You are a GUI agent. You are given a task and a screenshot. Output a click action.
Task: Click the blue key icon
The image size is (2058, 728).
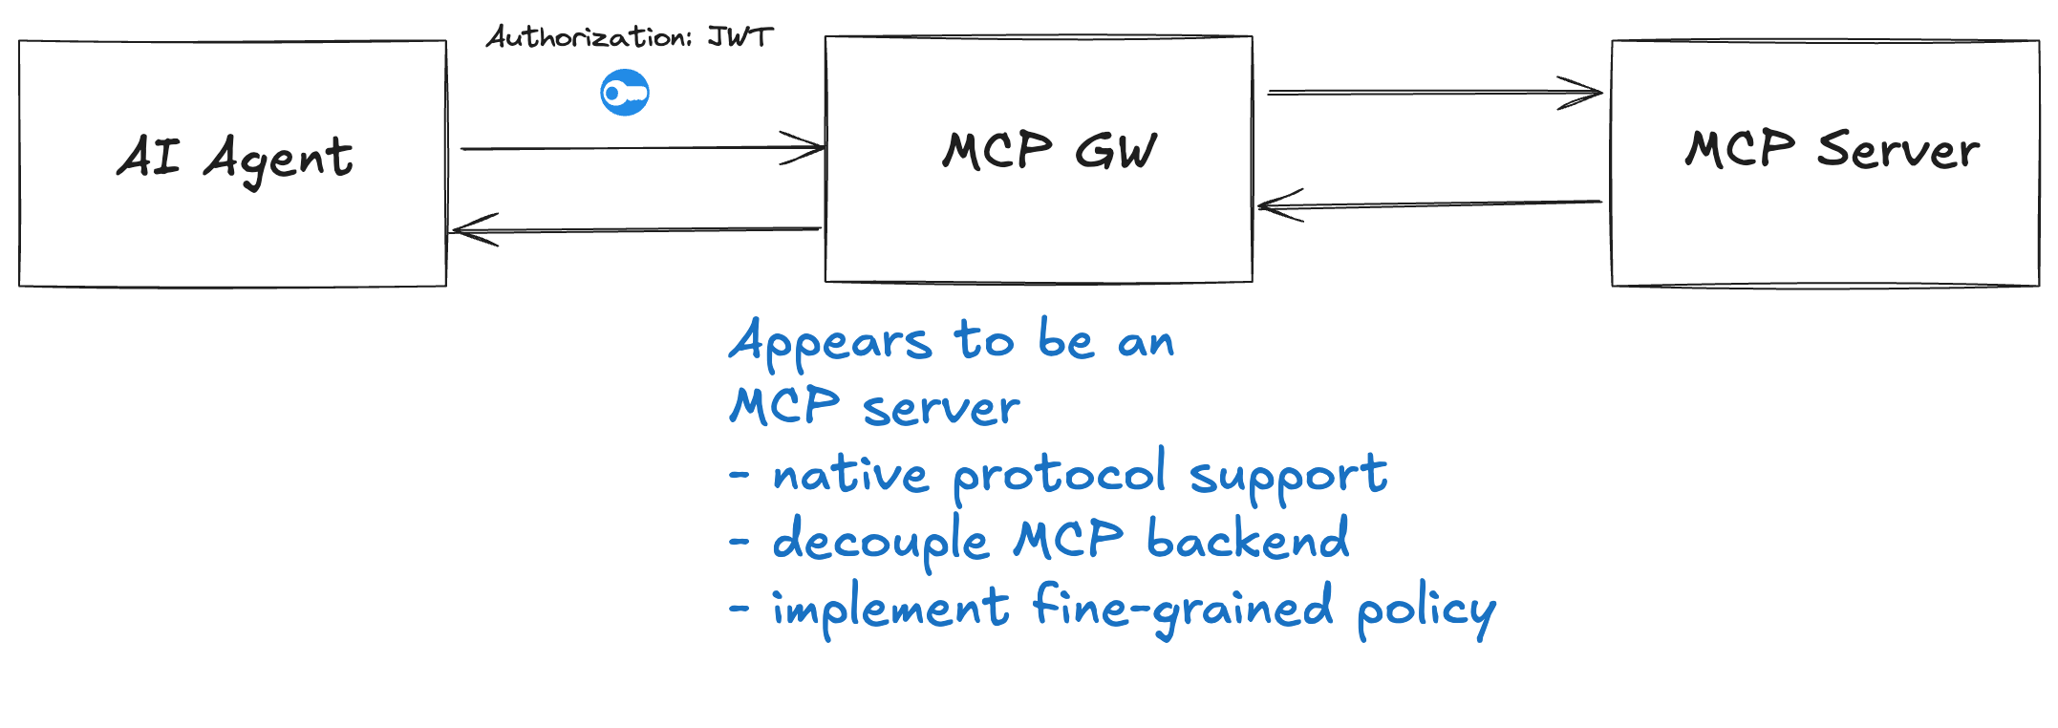(625, 93)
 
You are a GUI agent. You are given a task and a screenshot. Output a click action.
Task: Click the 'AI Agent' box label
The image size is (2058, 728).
(235, 158)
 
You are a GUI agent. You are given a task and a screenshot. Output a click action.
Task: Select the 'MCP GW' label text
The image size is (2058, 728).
(1049, 151)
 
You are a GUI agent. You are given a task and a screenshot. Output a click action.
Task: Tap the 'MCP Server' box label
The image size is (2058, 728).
(1832, 150)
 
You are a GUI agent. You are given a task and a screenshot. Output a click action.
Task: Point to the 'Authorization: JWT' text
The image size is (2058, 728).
(629, 37)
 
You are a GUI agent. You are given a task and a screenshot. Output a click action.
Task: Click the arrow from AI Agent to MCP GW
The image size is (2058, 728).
(643, 148)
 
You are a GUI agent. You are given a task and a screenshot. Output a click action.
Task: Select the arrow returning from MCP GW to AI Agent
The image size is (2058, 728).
(635, 229)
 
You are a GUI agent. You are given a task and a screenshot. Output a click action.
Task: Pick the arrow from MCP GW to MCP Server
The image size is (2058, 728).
(1435, 93)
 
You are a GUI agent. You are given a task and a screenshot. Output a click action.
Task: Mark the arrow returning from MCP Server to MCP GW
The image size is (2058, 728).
(1430, 203)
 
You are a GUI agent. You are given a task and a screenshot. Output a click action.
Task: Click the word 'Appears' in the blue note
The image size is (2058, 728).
(830, 342)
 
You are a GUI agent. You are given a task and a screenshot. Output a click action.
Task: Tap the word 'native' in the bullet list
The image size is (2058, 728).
(850, 474)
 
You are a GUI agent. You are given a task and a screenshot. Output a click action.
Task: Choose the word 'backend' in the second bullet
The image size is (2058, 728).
(1248, 538)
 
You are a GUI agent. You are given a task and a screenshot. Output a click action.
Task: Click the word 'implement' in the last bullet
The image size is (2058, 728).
(890, 609)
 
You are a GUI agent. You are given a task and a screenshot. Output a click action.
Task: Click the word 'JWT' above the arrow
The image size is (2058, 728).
(740, 36)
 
